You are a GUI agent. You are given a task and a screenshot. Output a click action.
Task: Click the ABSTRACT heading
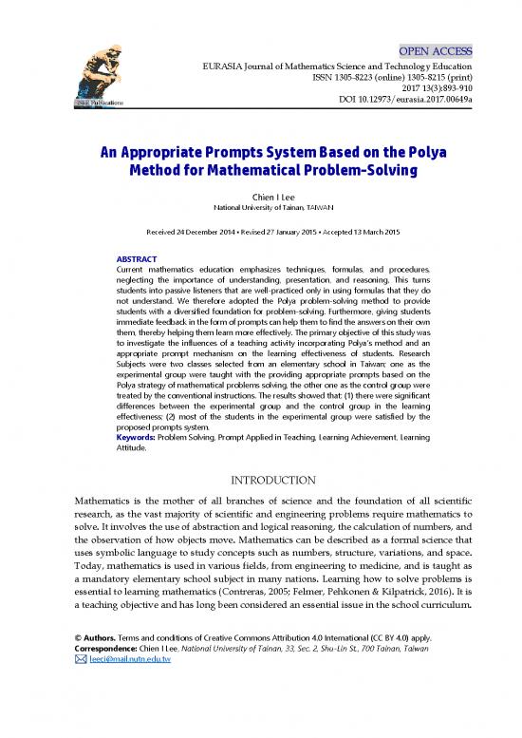point(137,258)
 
